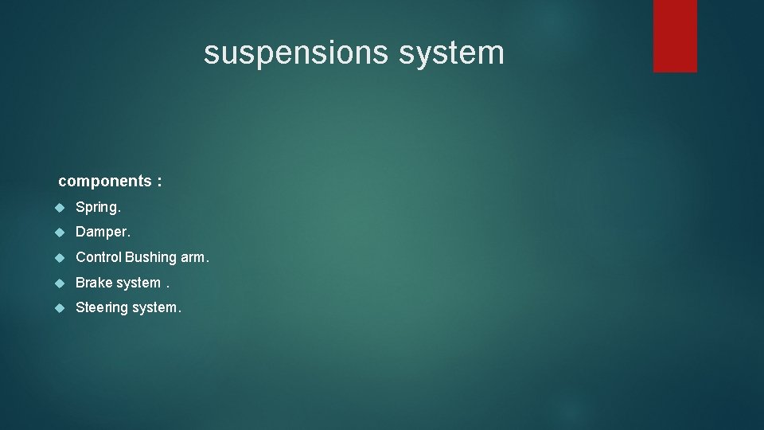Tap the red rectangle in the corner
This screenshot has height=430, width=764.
pyautogui.click(x=675, y=36)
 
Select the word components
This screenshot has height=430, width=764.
pyautogui.click(x=104, y=182)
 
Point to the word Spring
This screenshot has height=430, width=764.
pyautogui.click(x=98, y=208)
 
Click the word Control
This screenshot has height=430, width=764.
pyautogui.click(x=98, y=257)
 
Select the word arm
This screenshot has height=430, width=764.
pyautogui.click(x=194, y=258)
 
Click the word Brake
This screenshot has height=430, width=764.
pyautogui.click(x=94, y=283)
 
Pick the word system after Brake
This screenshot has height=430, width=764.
pyautogui.click(x=138, y=283)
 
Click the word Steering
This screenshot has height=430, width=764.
pyautogui.click(x=102, y=307)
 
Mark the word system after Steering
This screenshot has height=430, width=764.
pyautogui.click(x=156, y=307)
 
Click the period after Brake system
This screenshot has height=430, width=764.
pyautogui.click(x=168, y=287)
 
